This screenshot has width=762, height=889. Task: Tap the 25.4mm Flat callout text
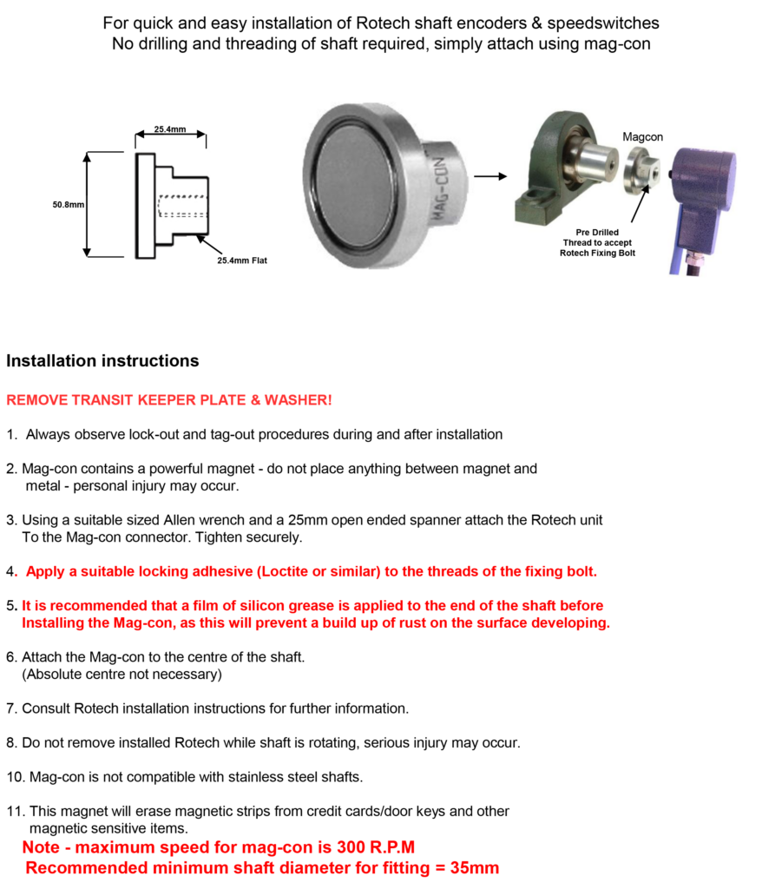[242, 260]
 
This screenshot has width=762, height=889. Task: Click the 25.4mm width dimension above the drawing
[170, 129]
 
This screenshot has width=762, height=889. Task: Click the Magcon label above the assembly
[642, 137]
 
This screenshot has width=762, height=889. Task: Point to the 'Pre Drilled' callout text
[597, 233]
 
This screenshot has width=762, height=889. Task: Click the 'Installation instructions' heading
[102, 361]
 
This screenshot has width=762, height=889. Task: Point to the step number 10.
[14, 776]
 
